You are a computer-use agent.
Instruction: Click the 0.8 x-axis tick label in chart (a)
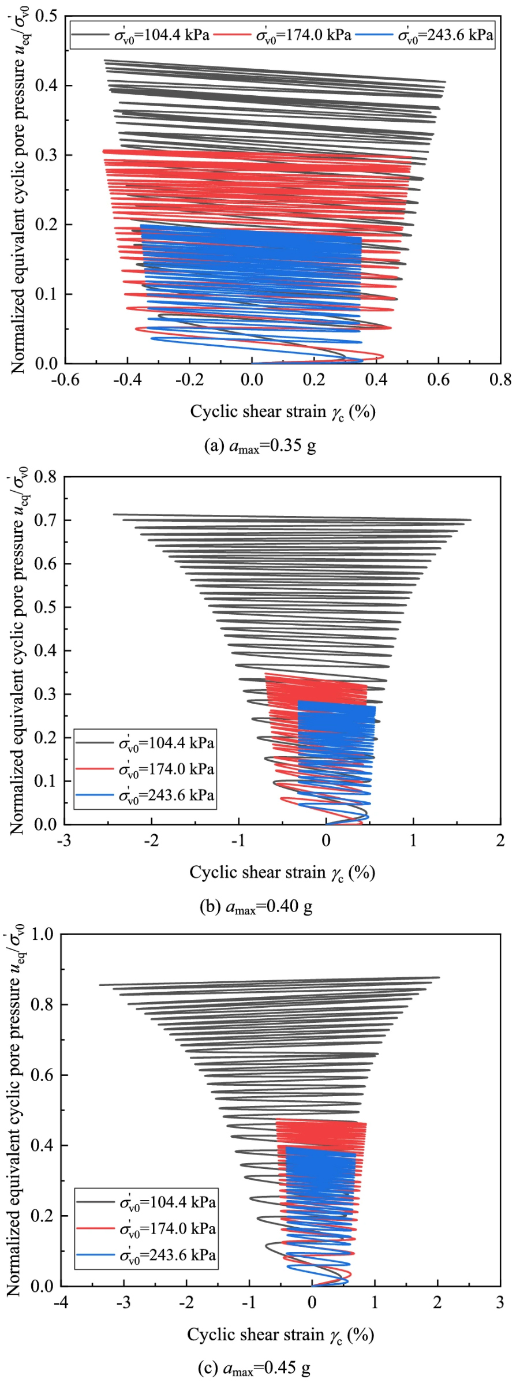click(x=500, y=380)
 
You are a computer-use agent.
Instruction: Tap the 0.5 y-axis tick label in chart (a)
click(x=46, y=16)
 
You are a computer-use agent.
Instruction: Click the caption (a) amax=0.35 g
click(x=260, y=446)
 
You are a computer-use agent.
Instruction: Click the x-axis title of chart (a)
click(x=283, y=412)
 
